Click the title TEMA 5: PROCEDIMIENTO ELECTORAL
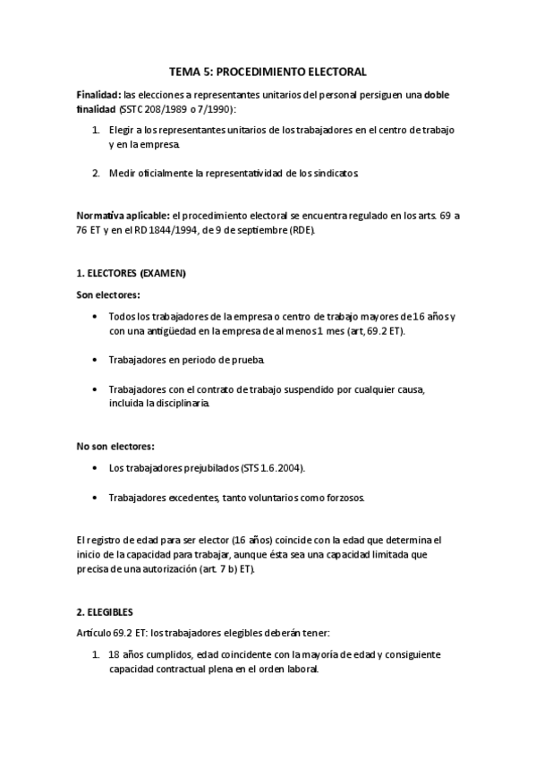pyautogui.click(x=268, y=71)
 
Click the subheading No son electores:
pyautogui.click(x=115, y=446)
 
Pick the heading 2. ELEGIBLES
pyautogui.click(x=105, y=612)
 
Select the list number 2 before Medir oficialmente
pyautogui.click(x=96, y=173)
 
